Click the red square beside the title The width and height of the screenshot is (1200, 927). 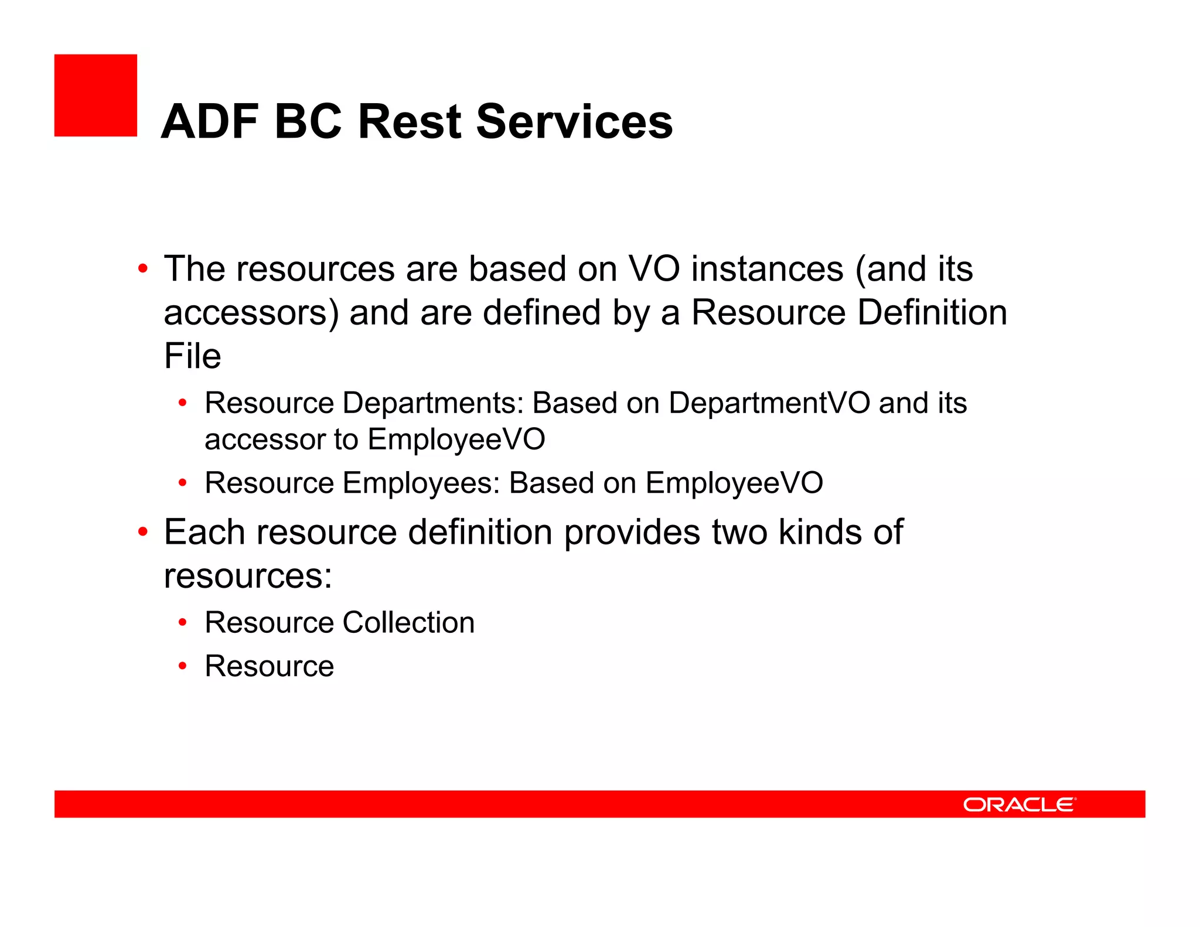(x=96, y=96)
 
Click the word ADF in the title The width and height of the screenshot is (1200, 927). (x=210, y=122)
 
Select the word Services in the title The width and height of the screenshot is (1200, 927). (x=574, y=122)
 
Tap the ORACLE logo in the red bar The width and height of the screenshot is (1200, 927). (x=1019, y=805)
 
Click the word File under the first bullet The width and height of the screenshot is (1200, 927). (x=192, y=356)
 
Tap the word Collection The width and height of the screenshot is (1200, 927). (x=408, y=622)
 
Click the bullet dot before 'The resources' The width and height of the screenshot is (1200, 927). (x=143, y=270)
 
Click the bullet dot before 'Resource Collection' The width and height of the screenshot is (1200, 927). (x=183, y=623)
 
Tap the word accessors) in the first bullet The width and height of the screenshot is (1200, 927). (x=251, y=313)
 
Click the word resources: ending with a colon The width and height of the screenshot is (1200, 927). (x=248, y=576)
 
